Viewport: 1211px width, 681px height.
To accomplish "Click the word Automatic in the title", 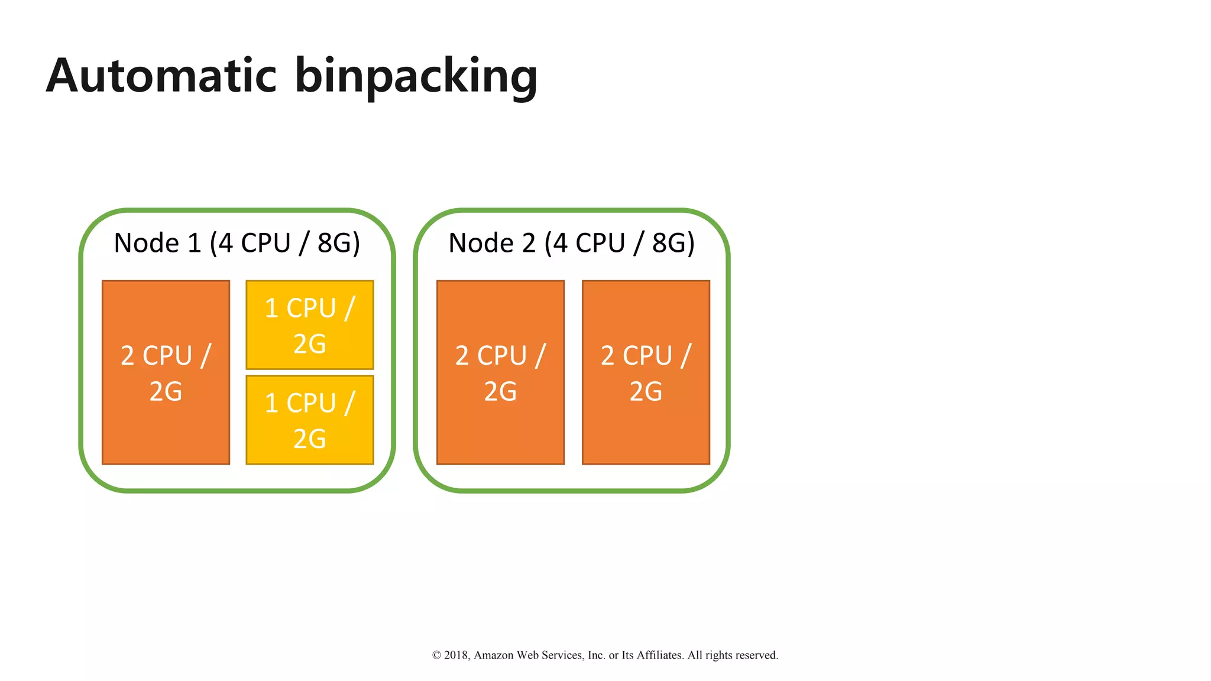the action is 161,76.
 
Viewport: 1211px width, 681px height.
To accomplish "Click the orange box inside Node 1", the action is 166,426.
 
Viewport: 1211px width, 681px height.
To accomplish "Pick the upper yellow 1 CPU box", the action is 309,325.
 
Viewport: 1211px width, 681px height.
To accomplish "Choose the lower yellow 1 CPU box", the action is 309,420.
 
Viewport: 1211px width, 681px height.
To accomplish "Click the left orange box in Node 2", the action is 500,426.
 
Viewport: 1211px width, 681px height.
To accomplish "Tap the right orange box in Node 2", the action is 646,426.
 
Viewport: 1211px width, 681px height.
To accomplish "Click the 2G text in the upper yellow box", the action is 309,343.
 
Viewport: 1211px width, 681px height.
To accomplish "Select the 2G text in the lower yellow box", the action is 309,439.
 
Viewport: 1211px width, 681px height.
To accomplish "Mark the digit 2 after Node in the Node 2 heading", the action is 528,243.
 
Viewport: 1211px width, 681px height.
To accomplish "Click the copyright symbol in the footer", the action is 436,655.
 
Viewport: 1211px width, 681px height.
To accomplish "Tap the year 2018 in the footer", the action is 456,655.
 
